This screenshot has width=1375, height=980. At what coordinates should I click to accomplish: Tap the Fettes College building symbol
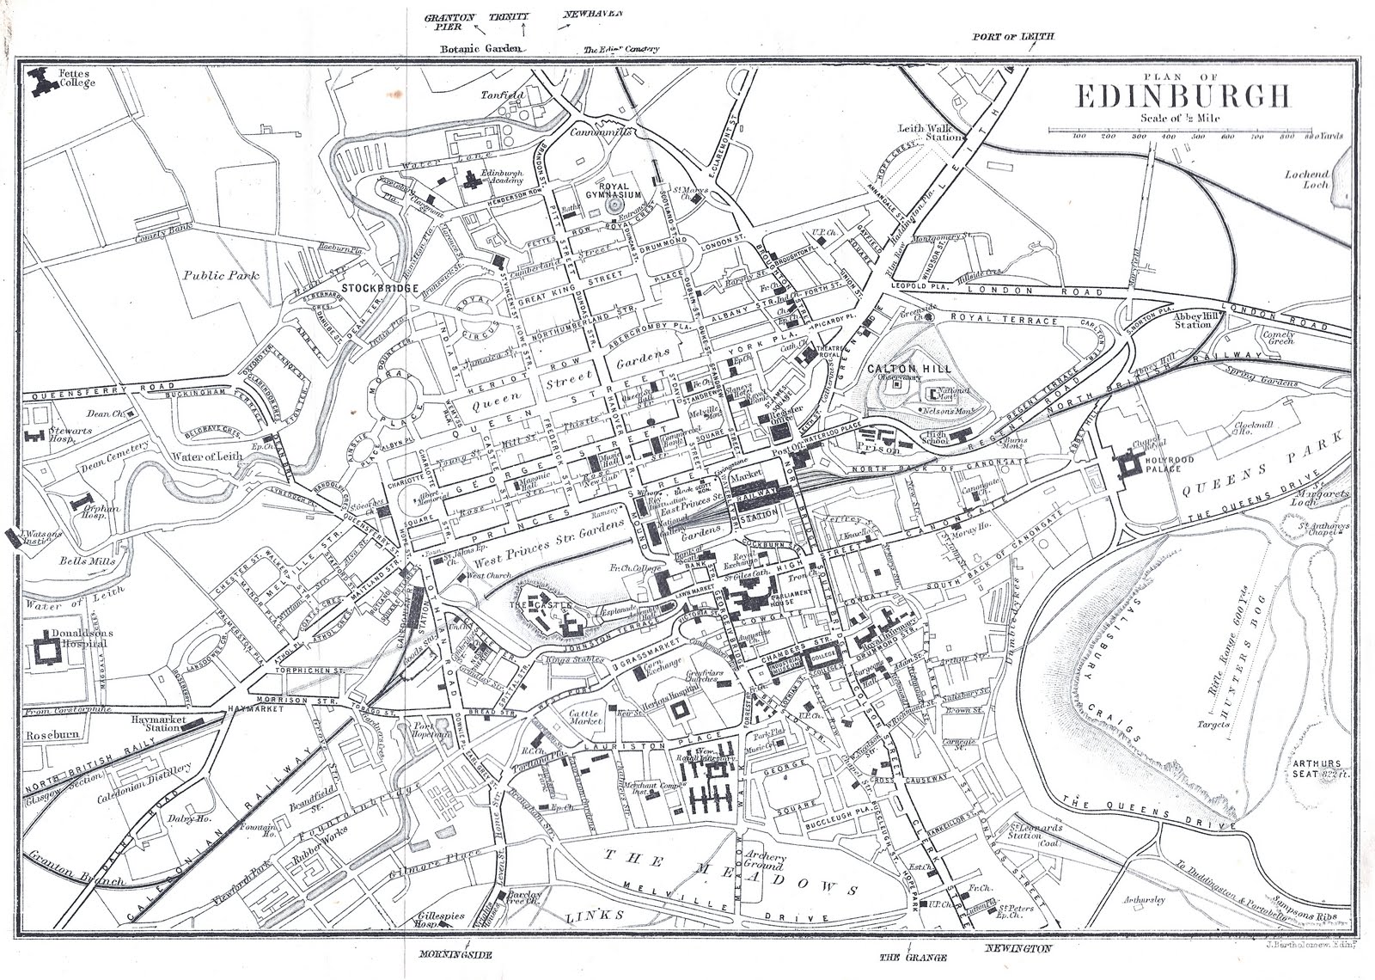point(40,82)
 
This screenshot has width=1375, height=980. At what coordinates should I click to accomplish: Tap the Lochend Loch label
point(1307,179)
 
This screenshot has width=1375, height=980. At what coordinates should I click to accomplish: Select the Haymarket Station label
point(156,722)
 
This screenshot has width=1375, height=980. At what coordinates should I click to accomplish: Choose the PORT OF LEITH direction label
point(1012,37)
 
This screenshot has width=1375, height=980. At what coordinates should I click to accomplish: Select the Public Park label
point(220,275)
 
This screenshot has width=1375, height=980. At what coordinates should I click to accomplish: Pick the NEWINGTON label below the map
point(1017,948)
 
